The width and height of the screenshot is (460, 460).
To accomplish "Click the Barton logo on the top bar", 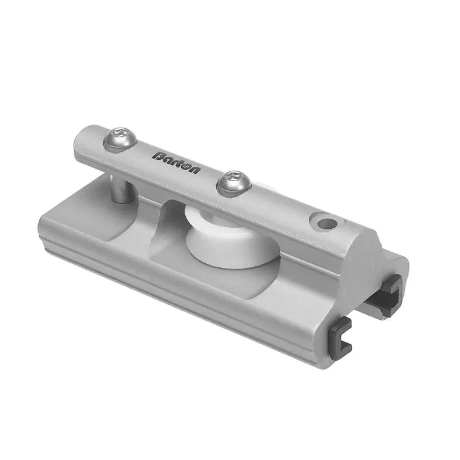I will tap(177, 161).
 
